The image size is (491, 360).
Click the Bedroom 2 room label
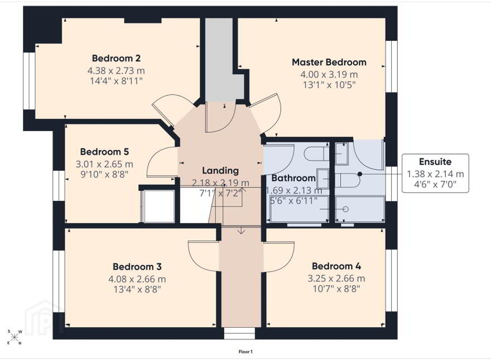tap(116, 58)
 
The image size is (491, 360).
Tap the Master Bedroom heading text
tap(329, 62)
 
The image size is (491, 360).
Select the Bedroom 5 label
tap(104, 152)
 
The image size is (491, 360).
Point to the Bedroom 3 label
tap(137, 267)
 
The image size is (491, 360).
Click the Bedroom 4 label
tap(336, 266)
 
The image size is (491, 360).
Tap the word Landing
tap(220, 171)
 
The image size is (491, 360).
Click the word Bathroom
tap(293, 178)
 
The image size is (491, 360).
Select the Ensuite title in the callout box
tap(435, 162)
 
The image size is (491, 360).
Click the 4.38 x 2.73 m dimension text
tap(116, 70)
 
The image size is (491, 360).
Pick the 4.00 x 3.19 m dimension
tap(329, 74)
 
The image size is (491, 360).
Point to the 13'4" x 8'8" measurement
tap(137, 289)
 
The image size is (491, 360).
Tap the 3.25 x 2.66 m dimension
tap(336, 278)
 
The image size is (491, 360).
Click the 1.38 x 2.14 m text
tap(435, 174)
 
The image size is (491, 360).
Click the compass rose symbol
tap(15, 337)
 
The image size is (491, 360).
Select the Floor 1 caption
tap(245, 352)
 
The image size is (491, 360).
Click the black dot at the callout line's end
tap(360, 174)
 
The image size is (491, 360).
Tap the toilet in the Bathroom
tap(316, 153)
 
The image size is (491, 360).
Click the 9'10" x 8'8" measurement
tap(104, 174)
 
